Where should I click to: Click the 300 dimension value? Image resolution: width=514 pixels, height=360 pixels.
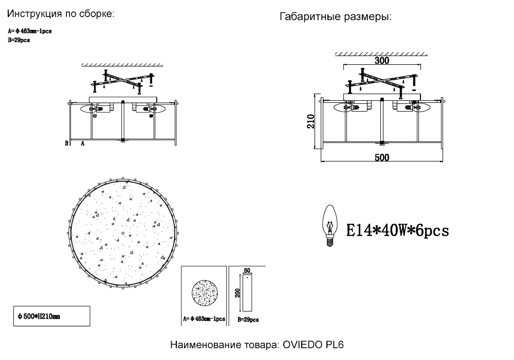pyautogui.click(x=381, y=60)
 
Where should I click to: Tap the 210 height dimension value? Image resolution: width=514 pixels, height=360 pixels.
pyautogui.click(x=311, y=122)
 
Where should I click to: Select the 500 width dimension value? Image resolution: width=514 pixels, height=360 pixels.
pyautogui.click(x=381, y=157)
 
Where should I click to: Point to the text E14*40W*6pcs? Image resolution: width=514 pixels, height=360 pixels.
pyautogui.click(x=397, y=230)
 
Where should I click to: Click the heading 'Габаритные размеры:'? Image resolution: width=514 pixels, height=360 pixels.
pyautogui.click(x=336, y=17)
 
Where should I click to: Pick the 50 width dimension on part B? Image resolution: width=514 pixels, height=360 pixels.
pyautogui.click(x=247, y=271)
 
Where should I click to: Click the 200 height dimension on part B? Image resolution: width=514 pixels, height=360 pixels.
pyautogui.click(x=237, y=293)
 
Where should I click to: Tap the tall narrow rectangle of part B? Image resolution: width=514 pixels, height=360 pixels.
pyautogui.click(x=247, y=293)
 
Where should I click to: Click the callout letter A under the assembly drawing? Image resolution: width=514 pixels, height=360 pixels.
pyautogui.click(x=83, y=144)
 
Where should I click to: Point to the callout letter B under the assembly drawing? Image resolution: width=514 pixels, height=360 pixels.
pyautogui.click(x=66, y=144)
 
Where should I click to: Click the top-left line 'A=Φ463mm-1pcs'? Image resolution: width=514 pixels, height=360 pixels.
pyautogui.click(x=30, y=31)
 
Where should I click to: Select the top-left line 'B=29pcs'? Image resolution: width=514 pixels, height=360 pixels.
pyautogui.click(x=19, y=40)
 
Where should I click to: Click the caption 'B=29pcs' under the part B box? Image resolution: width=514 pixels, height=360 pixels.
pyautogui.click(x=248, y=319)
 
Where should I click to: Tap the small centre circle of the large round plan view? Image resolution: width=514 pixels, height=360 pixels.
pyautogui.click(x=123, y=233)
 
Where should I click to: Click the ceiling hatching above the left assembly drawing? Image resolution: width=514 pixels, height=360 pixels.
pyautogui.click(x=122, y=65)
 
